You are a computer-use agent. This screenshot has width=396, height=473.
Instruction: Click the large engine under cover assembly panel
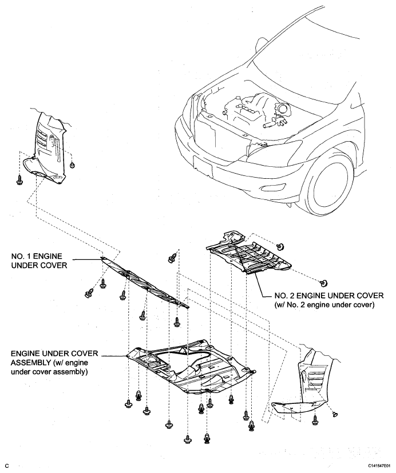point(189,368)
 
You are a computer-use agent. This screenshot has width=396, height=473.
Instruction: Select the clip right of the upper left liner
point(72,165)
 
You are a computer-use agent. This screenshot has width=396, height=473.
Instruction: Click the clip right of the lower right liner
point(335,412)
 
